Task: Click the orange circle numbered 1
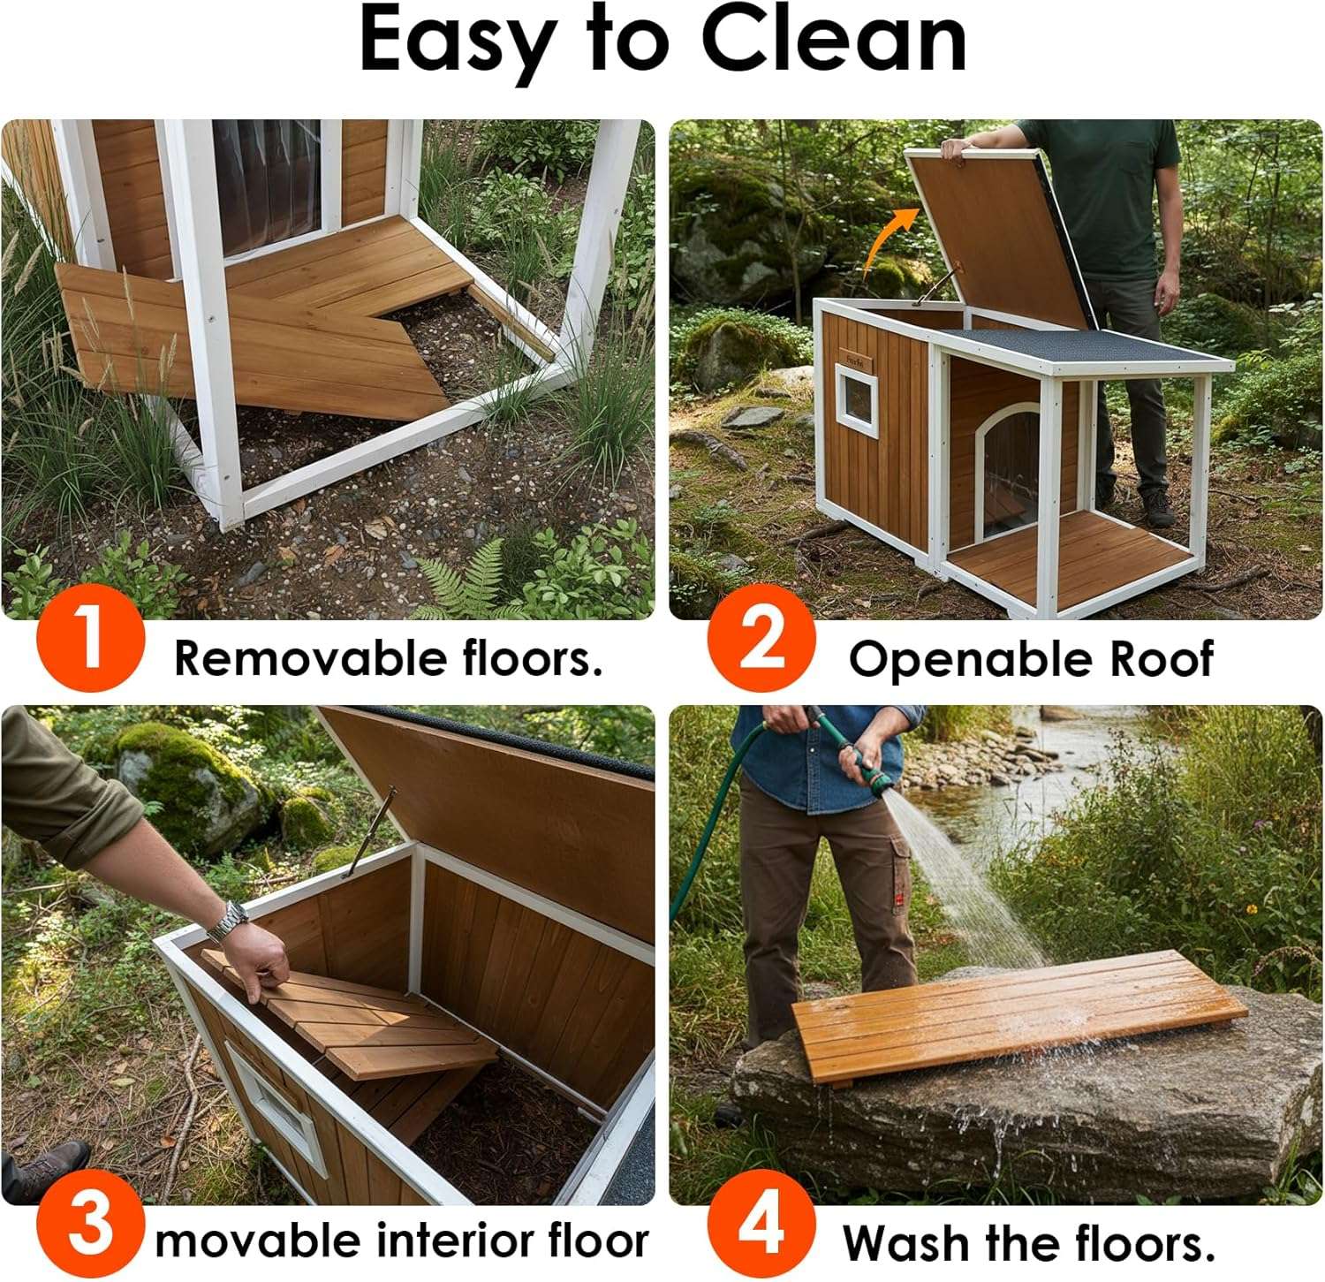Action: click(x=90, y=637)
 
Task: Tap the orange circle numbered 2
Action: click(x=761, y=637)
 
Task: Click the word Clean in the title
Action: click(x=834, y=41)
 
